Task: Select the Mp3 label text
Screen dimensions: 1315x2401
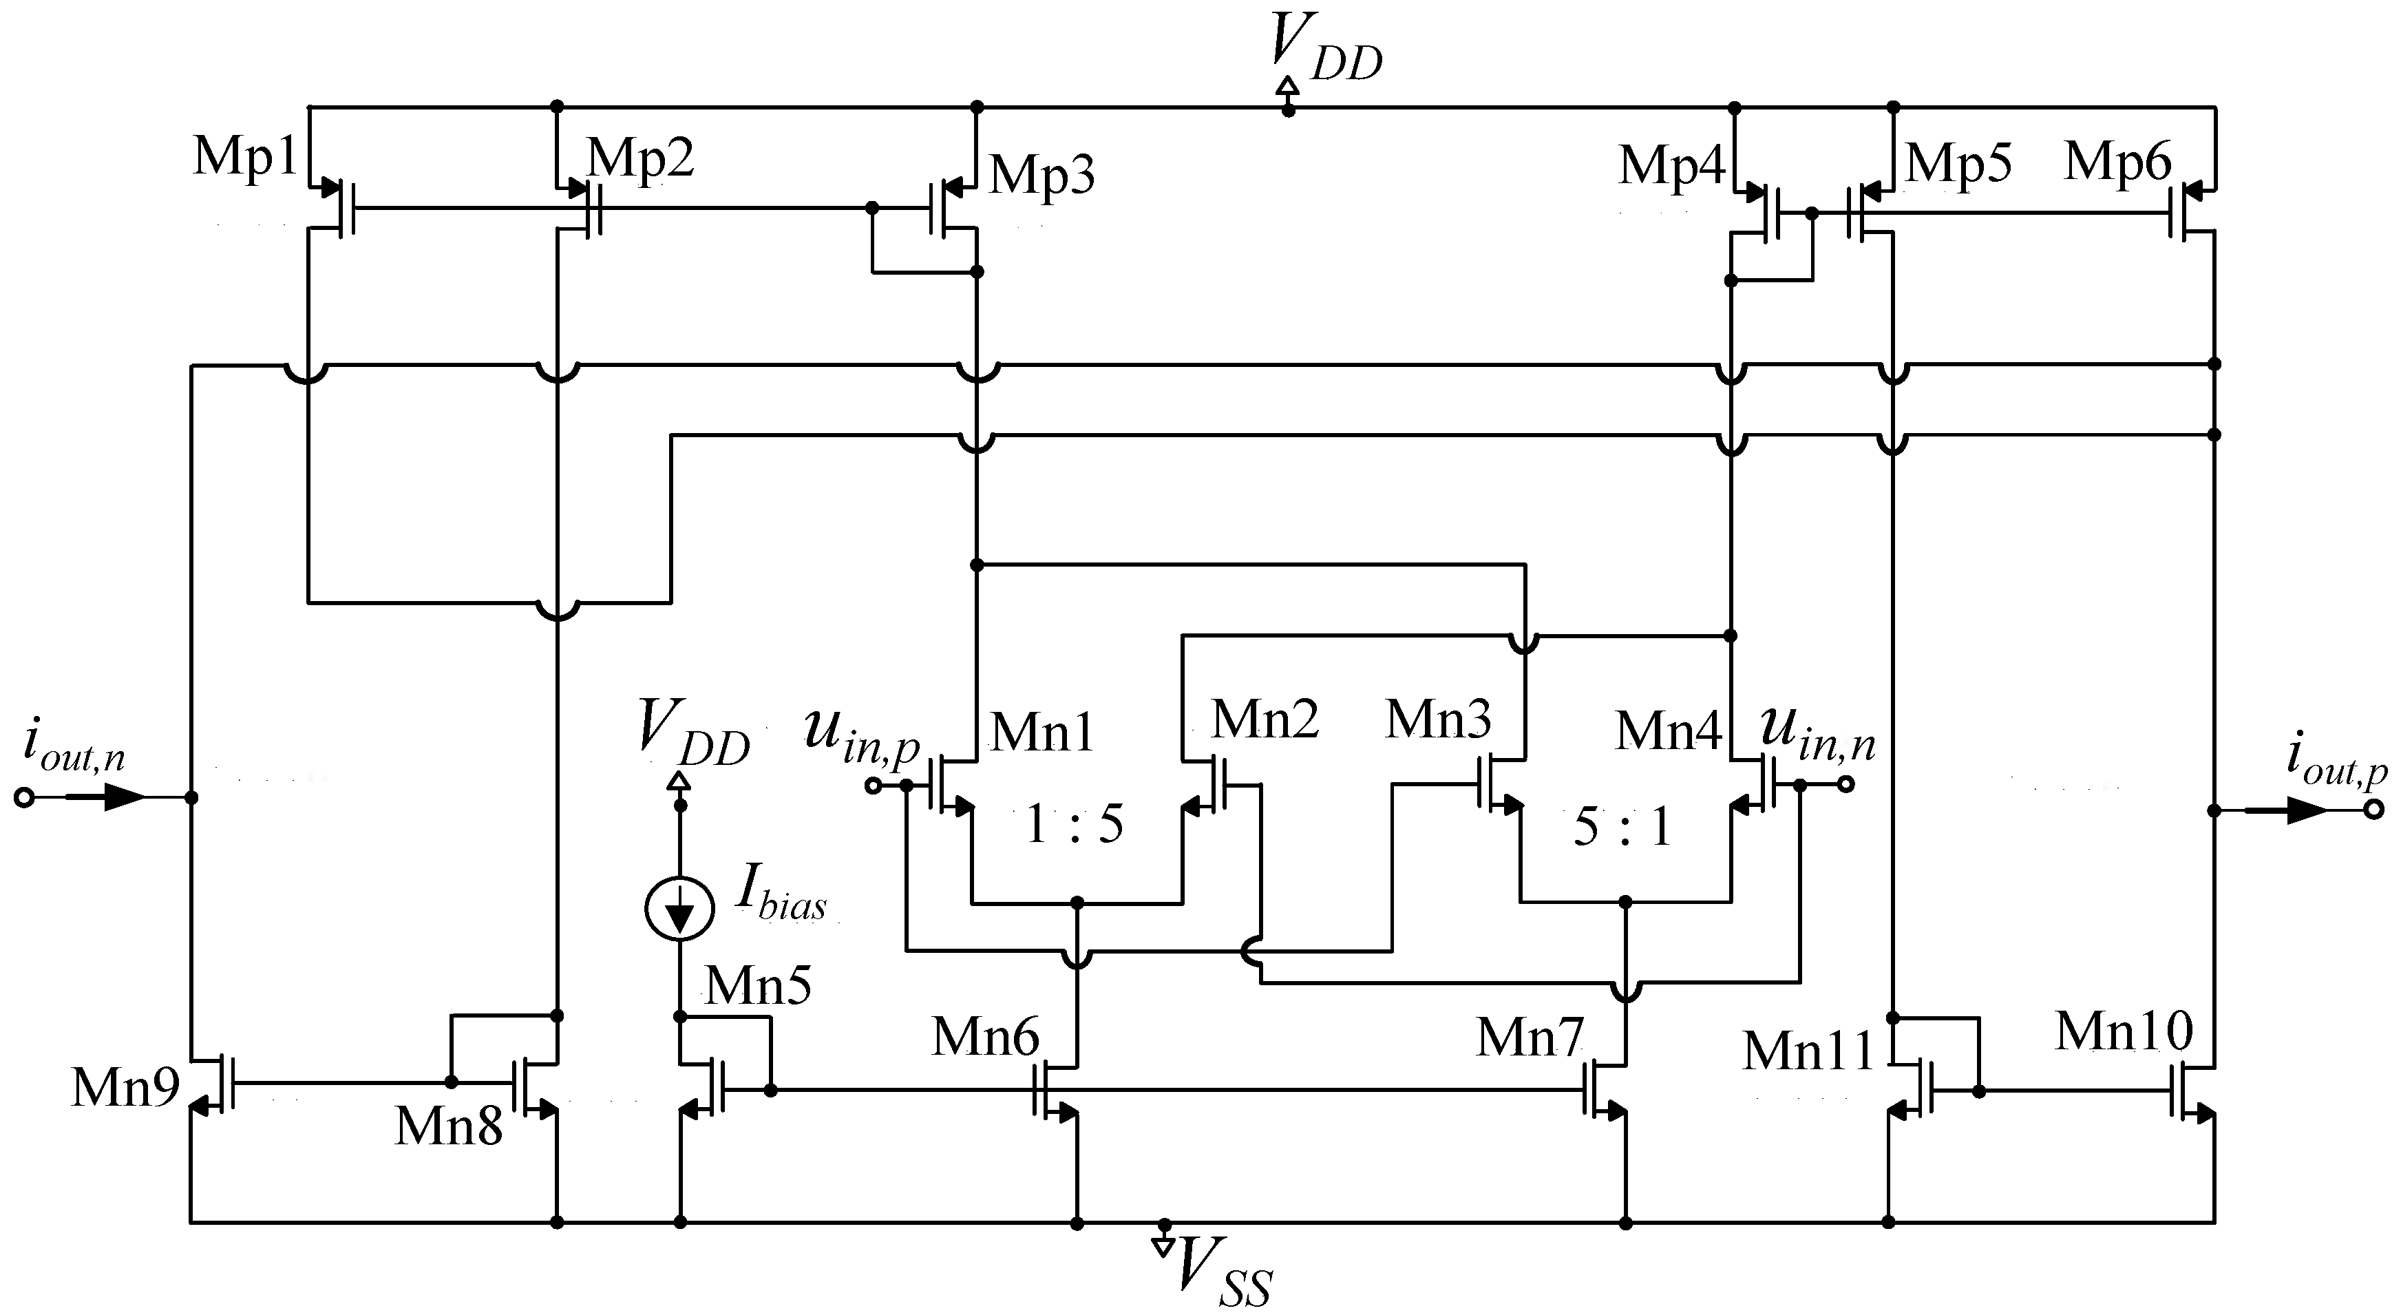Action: [x=1041, y=174]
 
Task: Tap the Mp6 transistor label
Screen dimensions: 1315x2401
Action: [x=2117, y=161]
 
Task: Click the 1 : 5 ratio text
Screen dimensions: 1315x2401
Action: [x=1075, y=825]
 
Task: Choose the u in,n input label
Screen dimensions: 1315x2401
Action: [x=1817, y=735]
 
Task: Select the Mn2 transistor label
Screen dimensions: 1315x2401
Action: [x=1265, y=719]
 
